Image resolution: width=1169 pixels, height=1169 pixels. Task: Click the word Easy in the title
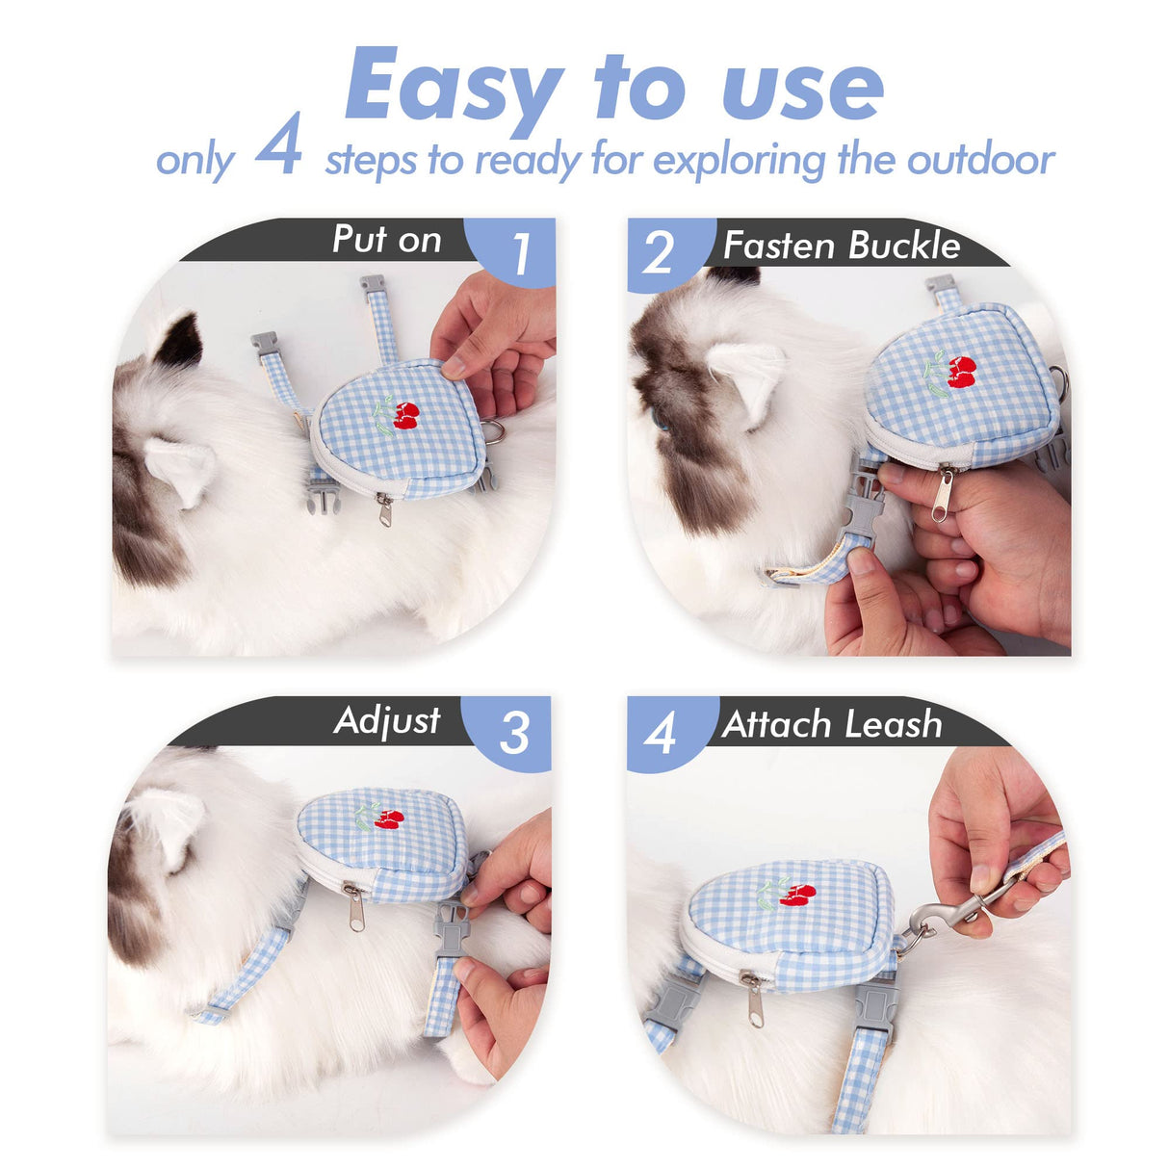pyautogui.click(x=453, y=87)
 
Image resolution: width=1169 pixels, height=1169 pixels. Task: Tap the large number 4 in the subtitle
pyautogui.click(x=279, y=146)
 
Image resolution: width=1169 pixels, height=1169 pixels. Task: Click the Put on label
pyautogui.click(x=386, y=240)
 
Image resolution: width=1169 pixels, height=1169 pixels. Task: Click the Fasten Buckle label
pyautogui.click(x=842, y=246)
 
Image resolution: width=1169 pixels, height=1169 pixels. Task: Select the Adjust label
pyautogui.click(x=387, y=720)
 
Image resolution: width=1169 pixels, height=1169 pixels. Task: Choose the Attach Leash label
pyautogui.click(x=832, y=724)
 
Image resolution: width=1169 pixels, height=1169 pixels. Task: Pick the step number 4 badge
pyautogui.click(x=661, y=735)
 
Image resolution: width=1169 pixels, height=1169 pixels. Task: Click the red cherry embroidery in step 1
pyautogui.click(x=406, y=416)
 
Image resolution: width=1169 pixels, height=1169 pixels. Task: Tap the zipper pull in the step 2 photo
pyautogui.click(x=942, y=493)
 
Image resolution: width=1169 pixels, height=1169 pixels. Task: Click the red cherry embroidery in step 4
pyautogui.click(x=798, y=895)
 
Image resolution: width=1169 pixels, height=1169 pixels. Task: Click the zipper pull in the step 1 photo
pyautogui.click(x=385, y=510)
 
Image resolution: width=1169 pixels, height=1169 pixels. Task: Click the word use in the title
pyautogui.click(x=801, y=89)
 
